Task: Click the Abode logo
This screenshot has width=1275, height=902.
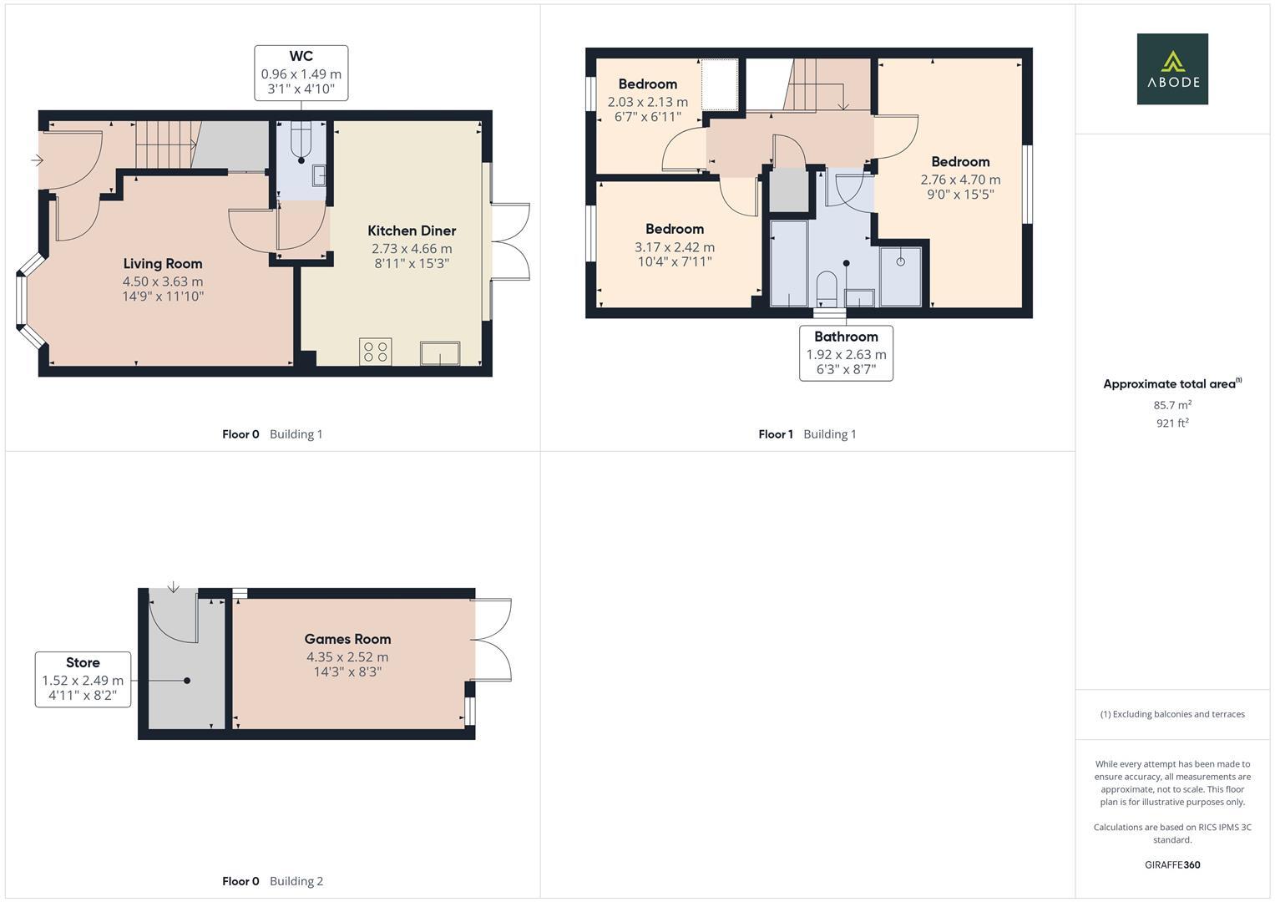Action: [x=1171, y=69]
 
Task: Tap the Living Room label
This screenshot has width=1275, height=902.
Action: [x=163, y=264]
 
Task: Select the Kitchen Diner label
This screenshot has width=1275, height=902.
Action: [x=412, y=231]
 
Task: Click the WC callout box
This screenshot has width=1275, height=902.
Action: [x=301, y=73]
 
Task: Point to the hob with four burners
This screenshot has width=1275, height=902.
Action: [x=375, y=352]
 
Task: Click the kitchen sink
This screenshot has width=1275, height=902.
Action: [x=440, y=353]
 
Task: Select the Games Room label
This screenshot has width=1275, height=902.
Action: [x=347, y=639]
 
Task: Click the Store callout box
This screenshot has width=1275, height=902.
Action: [x=83, y=679]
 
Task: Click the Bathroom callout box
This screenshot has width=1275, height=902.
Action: [x=846, y=352]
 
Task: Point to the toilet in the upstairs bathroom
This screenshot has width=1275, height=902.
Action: [x=826, y=287]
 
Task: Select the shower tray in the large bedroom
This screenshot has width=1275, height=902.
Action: [x=900, y=276]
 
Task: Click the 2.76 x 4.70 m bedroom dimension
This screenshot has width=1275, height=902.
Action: [x=960, y=180]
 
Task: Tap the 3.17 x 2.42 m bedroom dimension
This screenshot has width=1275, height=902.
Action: [x=674, y=247]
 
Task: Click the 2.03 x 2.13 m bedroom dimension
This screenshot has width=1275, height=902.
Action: [x=647, y=102]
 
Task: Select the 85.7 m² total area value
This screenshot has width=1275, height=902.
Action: [x=1172, y=405]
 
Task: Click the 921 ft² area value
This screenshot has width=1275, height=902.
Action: [x=1172, y=423]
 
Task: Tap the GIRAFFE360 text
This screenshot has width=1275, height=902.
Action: [x=1171, y=864]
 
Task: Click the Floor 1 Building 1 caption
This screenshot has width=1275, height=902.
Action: [x=807, y=434]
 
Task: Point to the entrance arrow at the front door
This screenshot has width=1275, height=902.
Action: [x=37, y=160]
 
